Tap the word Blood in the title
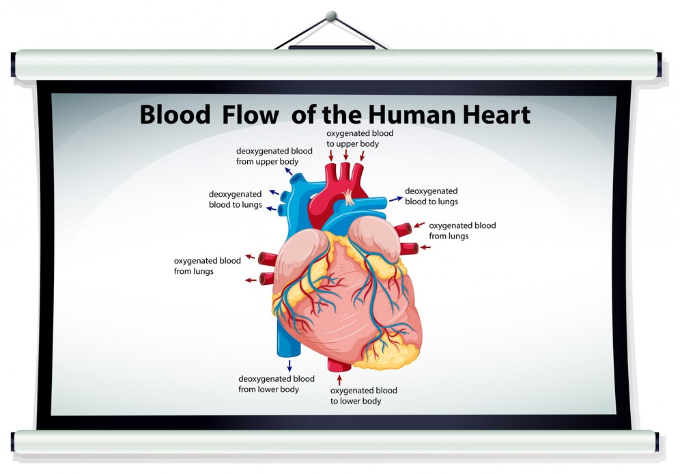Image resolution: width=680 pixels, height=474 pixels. coord(175,114)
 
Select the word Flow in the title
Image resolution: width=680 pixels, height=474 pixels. coord(250,114)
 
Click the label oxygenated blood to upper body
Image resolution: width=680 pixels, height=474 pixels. coord(360,138)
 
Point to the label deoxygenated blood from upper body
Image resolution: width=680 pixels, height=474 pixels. coord(274,156)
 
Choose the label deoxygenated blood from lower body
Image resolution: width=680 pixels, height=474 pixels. coord(276,384)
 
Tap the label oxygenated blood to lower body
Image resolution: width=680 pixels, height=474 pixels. coord(363,395)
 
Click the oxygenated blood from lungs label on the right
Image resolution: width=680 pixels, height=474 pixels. coord(462,230)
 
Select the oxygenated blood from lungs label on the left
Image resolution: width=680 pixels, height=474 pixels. coord(207,266)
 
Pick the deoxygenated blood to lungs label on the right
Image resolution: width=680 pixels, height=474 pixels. coord(431,196)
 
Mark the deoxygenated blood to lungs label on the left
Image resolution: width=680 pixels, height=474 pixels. coord(236,199)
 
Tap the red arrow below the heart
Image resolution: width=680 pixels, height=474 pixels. coord(339,376)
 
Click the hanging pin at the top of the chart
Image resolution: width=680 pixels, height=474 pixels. coord(332,15)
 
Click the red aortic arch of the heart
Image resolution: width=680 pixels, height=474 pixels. coord(328,195)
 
